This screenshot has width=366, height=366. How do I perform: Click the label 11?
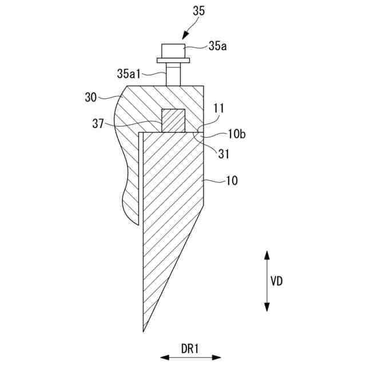point(218,108)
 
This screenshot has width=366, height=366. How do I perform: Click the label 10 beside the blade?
point(232,181)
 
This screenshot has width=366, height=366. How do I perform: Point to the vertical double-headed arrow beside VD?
point(266,280)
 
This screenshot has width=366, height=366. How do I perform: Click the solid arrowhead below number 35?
point(180,34)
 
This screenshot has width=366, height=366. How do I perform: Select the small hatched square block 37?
point(174,121)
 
